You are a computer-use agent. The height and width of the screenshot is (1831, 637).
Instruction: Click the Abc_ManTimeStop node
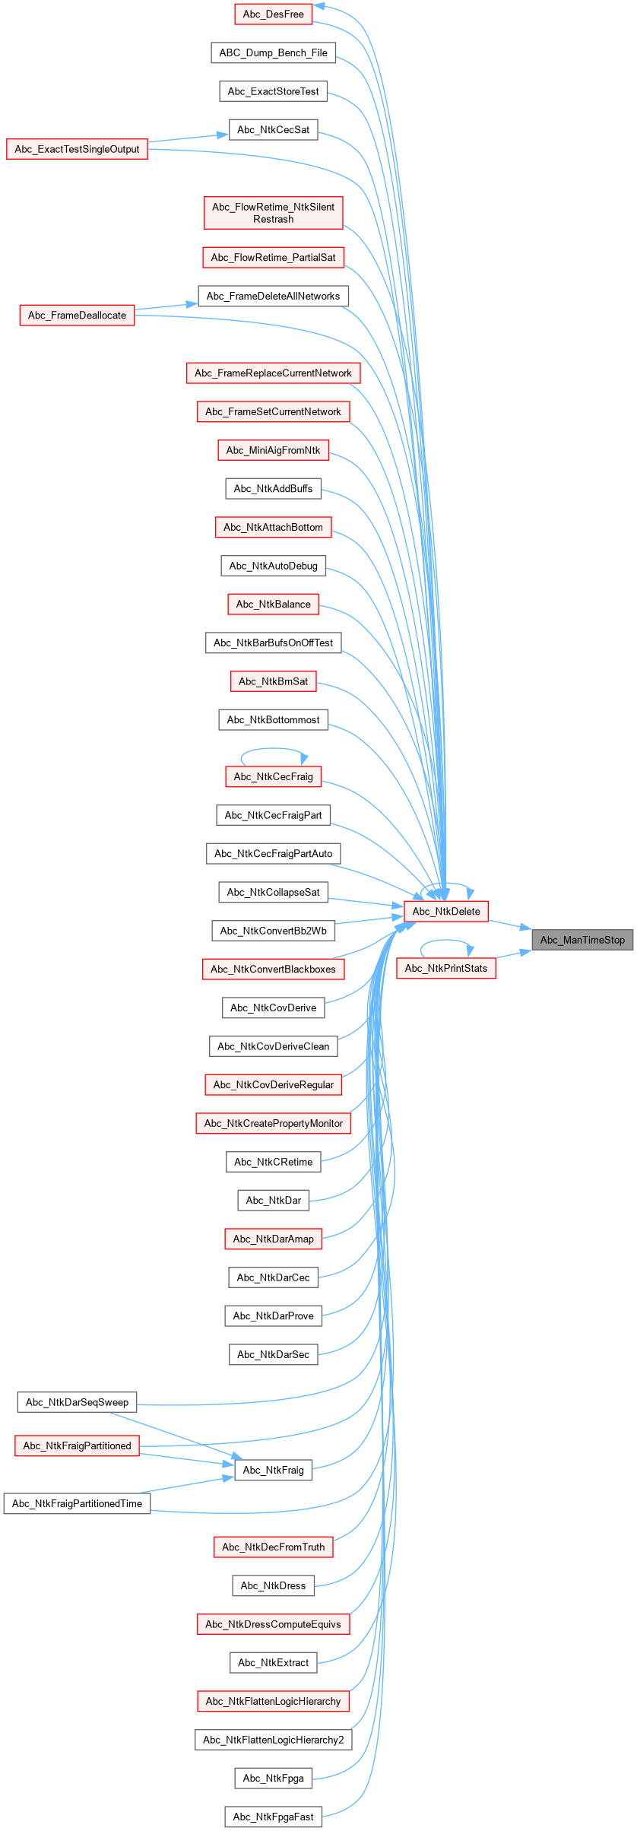pos(582,940)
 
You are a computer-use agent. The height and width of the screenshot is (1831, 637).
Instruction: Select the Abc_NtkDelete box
pos(446,911)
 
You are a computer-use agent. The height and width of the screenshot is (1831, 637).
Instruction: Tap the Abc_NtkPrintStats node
pos(446,968)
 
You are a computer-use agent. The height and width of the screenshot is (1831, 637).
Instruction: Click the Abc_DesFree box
pos(273,14)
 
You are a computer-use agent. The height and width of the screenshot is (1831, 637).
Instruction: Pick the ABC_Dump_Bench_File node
pos(273,52)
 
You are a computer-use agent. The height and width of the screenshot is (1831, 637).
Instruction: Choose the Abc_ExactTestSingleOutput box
pos(77,149)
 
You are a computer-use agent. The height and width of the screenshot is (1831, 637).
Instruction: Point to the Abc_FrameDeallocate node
pos(77,315)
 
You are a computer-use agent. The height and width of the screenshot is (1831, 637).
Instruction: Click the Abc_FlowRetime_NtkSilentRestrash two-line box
pos(273,213)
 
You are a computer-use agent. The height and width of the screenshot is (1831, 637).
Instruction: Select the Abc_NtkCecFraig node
pos(273,776)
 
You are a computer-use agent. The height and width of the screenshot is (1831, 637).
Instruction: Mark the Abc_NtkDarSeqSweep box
pos(77,1402)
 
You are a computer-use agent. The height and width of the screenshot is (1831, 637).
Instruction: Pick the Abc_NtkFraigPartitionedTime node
pos(77,1503)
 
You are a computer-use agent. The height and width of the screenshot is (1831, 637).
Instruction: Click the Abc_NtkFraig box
pos(273,1470)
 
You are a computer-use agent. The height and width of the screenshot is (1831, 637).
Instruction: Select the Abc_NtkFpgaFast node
pos(273,1817)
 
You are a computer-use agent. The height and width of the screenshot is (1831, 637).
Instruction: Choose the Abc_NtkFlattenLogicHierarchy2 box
pos(273,1740)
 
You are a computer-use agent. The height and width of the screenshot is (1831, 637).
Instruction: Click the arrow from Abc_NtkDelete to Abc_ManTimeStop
pos(509,925)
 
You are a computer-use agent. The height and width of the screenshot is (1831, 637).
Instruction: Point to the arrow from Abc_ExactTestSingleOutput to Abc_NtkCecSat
pos(188,138)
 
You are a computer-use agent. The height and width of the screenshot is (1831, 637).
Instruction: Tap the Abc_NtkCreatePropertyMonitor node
pos(273,1123)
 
